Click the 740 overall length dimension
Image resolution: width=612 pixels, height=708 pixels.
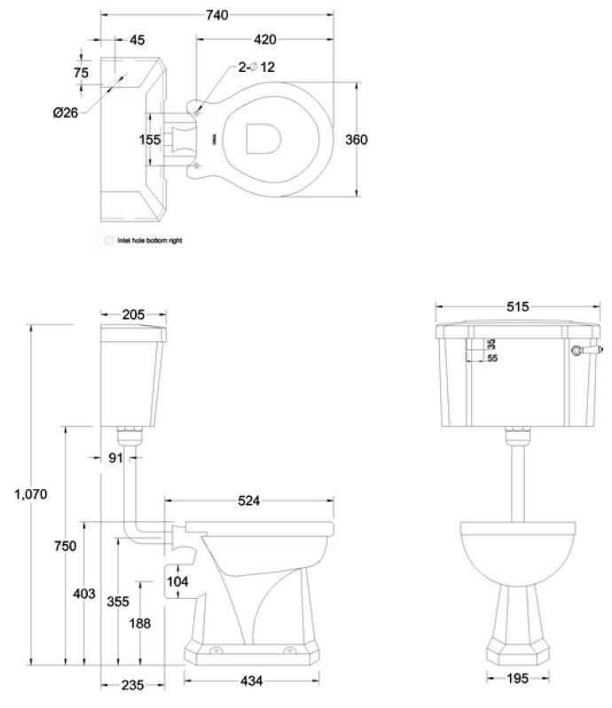click(216, 15)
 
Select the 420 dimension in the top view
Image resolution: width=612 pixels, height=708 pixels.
click(264, 39)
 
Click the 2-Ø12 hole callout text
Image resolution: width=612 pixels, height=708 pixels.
click(256, 67)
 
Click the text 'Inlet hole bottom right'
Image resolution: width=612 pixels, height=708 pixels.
click(150, 240)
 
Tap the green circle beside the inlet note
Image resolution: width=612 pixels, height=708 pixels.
click(109, 240)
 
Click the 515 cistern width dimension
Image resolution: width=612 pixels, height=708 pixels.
click(517, 307)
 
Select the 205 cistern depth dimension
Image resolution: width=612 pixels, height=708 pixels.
click(134, 315)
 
